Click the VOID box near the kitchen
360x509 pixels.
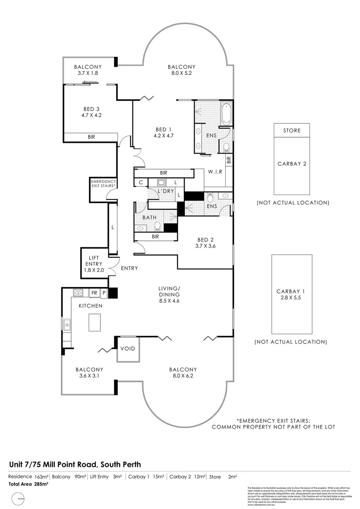coord(127,349)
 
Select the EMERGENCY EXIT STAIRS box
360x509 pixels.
coord(103,183)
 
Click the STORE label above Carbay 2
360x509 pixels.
coord(292,131)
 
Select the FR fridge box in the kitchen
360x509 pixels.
coord(94,293)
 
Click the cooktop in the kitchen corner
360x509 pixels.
coord(78,293)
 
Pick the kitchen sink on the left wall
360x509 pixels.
coord(67,324)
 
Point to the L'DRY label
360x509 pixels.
coord(165,191)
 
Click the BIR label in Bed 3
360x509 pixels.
coord(91,137)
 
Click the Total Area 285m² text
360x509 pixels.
coord(29,484)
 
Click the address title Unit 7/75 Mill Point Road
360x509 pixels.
coord(75,464)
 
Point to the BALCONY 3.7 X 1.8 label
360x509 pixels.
coord(88,70)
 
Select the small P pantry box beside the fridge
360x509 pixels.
coord(104,293)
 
